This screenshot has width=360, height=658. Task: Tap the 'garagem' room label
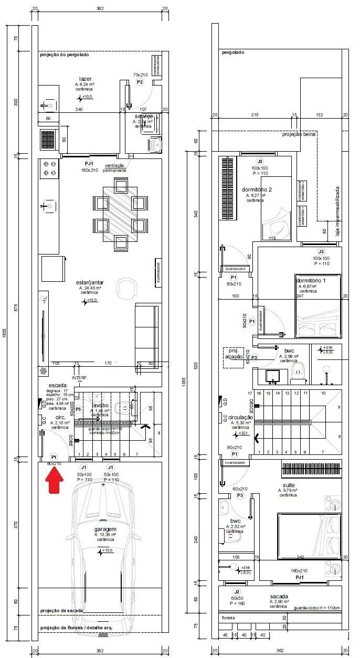pos(105,528)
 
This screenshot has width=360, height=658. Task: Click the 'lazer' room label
pos(85,79)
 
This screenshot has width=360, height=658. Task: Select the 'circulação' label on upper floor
pos(237,417)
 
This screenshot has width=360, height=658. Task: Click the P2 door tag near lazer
pos(140,82)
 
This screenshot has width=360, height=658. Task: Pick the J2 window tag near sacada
pos(237,591)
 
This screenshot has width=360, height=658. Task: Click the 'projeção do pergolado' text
pos(65,55)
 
